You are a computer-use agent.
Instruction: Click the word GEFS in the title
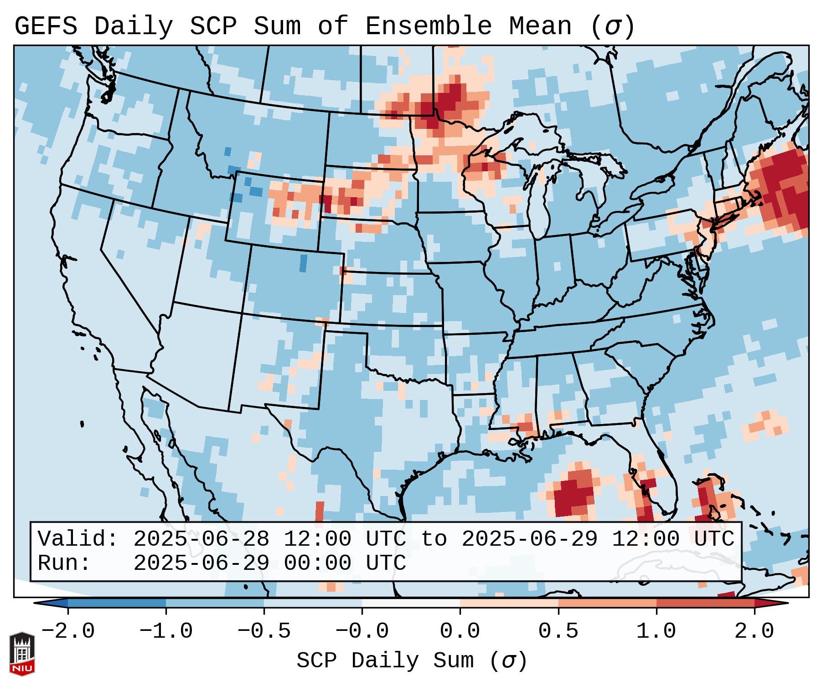(46, 26)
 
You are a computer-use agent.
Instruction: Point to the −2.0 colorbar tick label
(68, 631)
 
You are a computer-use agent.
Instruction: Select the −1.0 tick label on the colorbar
(166, 631)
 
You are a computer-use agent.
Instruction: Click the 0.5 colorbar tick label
(558, 631)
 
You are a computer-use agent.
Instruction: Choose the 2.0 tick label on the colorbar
(754, 631)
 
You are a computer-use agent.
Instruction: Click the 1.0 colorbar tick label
(656, 631)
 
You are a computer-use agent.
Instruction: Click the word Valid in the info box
(78, 539)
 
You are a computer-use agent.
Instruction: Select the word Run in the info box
(64, 563)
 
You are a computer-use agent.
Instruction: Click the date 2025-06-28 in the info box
(201, 539)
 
